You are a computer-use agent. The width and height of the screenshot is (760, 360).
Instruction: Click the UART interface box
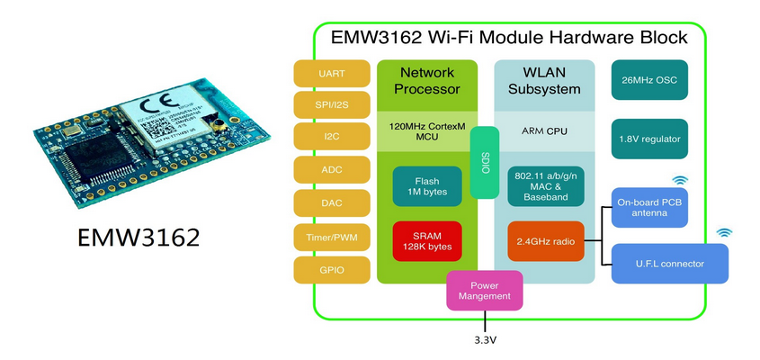[331, 74]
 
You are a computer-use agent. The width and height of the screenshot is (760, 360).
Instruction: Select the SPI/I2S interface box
[331, 106]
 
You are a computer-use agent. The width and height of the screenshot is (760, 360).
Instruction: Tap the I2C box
[331, 139]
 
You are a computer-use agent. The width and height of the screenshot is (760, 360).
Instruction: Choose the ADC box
[331, 171]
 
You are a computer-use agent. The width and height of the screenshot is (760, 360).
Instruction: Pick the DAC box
[331, 203]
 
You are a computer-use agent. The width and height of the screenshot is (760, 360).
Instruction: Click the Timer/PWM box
[331, 236]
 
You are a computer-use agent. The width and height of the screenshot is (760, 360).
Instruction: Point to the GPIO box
[331, 268]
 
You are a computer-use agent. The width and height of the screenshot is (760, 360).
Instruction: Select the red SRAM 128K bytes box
[427, 241]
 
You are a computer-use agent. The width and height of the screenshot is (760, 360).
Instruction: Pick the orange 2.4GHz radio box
[545, 241]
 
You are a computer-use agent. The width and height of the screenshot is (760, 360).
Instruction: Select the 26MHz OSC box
[649, 80]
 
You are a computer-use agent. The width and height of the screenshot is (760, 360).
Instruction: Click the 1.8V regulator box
[649, 139]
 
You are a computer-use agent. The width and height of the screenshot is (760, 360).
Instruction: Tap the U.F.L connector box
[670, 264]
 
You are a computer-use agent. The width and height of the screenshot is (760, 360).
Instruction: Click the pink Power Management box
[486, 290]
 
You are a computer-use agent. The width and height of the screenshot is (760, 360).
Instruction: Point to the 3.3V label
[486, 341]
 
